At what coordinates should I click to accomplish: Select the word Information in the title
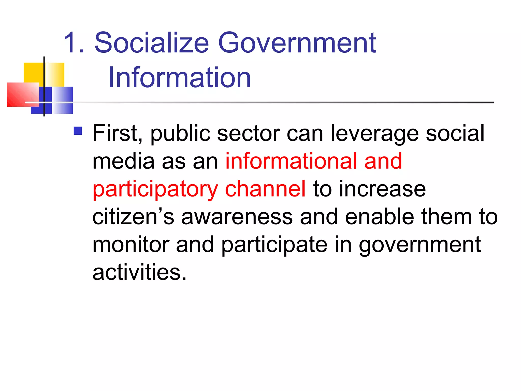click(179, 77)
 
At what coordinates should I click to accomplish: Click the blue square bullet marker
click(78, 131)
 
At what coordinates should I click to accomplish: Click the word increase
click(382, 189)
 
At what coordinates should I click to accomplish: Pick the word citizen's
click(133, 217)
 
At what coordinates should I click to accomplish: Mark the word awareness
click(237, 217)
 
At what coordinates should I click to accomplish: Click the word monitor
click(131, 245)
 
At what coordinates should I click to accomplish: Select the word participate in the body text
click(274, 245)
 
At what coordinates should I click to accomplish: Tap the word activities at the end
click(139, 272)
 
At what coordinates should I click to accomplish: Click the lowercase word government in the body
click(420, 245)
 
